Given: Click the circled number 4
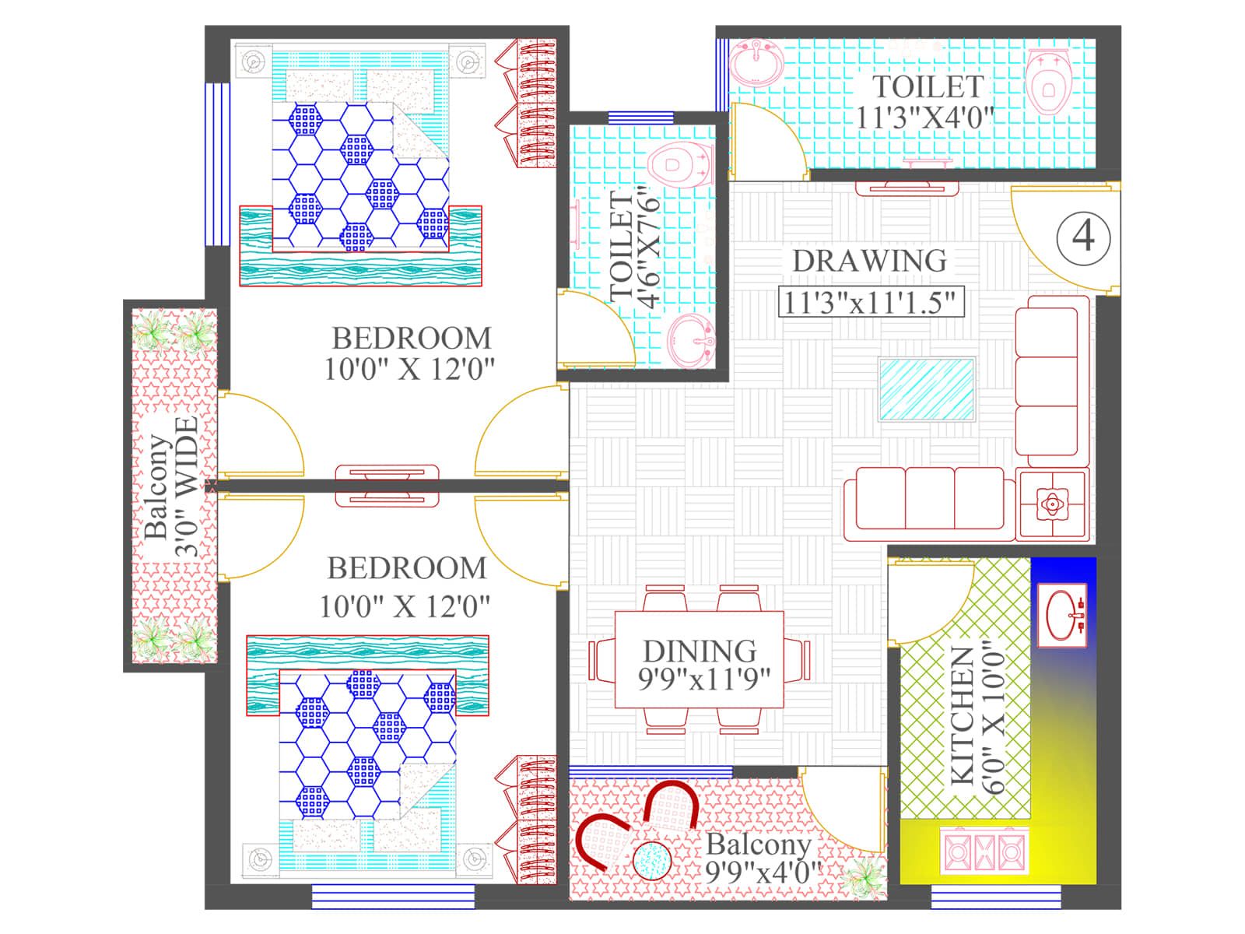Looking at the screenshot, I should (1083, 235).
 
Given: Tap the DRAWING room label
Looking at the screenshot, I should (869, 261).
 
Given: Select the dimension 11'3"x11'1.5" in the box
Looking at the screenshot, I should (871, 302).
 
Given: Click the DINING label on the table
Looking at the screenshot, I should (699, 651).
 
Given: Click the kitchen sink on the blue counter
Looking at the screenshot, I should (1063, 614).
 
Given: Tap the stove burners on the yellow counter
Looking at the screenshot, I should (984, 851).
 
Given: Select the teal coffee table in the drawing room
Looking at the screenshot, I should (927, 389).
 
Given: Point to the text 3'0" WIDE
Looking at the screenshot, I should (187, 486).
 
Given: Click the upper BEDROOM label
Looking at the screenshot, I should (412, 339).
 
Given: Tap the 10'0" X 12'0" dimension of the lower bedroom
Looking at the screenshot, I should (405, 606).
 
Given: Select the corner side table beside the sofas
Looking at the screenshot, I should (1052, 504).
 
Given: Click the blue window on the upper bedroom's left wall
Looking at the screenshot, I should (217, 163).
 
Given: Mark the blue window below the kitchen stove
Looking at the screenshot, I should (974, 897).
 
